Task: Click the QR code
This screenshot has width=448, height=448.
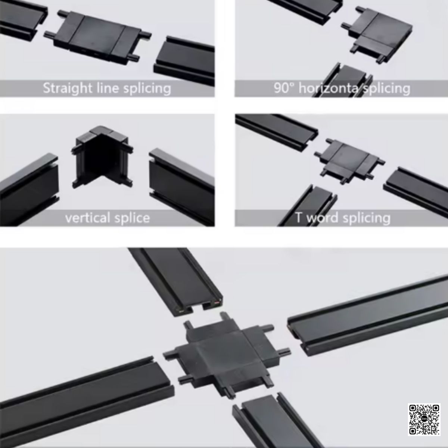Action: point(424,419)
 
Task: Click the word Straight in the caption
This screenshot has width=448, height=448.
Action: point(68,88)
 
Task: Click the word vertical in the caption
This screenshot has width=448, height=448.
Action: point(88,218)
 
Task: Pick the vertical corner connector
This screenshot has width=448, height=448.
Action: point(102,157)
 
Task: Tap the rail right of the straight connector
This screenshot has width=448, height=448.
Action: point(184,60)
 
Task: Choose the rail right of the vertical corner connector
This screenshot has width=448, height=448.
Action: point(182,186)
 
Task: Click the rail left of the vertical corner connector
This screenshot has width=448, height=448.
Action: point(29,190)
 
